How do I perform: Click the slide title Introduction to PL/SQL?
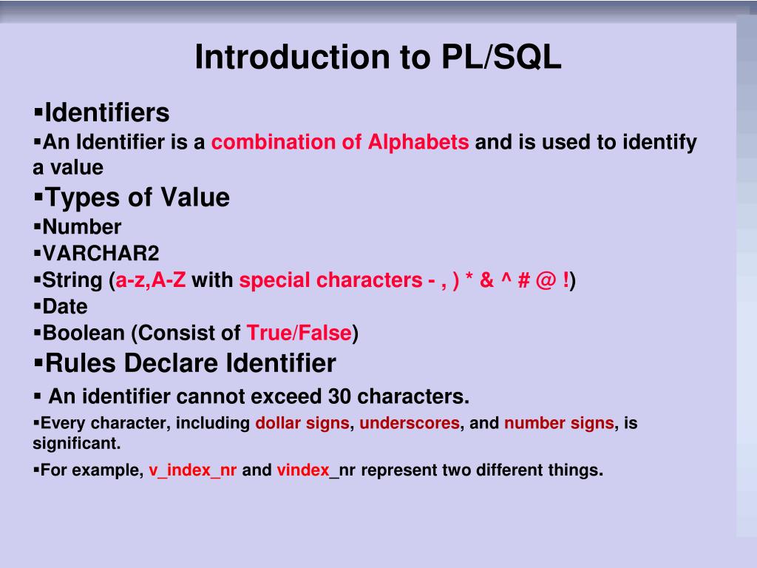[x=378, y=58]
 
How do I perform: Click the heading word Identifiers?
[x=106, y=113]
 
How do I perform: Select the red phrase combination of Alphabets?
[x=340, y=142]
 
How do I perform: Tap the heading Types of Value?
[x=137, y=197]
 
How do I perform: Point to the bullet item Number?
[x=81, y=226]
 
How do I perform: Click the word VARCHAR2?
[x=101, y=254]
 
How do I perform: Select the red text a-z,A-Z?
[x=151, y=280]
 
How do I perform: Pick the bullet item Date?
[x=65, y=306]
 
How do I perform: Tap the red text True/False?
[x=299, y=333]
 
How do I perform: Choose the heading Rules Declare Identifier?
[x=190, y=363]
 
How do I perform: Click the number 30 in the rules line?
[x=339, y=396]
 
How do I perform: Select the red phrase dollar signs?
[x=302, y=424]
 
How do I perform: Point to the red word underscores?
[x=410, y=424]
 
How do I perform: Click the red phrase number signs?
[x=559, y=424]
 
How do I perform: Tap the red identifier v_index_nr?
[x=192, y=470]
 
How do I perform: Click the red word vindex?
[x=303, y=470]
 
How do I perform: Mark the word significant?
[x=76, y=444]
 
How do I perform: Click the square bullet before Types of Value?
[x=38, y=197]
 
